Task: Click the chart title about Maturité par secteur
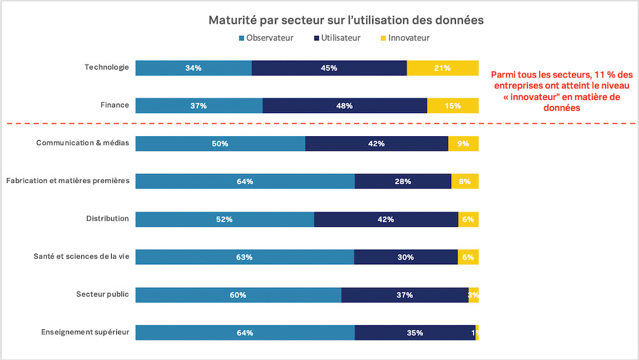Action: (x=346, y=20)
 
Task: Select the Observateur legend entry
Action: (x=266, y=38)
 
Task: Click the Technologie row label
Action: (x=107, y=67)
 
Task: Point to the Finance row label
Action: (x=116, y=105)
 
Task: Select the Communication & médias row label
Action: (x=82, y=143)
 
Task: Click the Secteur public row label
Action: (x=102, y=294)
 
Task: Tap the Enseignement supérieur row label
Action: (x=85, y=332)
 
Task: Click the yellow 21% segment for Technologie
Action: (x=442, y=68)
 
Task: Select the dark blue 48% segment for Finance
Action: (x=344, y=106)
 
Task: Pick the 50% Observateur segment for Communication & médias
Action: (x=220, y=143)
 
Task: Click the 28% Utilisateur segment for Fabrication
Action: (x=403, y=181)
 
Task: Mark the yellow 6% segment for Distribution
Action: (x=468, y=219)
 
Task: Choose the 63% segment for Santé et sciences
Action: (x=245, y=256)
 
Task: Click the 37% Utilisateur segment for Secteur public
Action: (x=404, y=295)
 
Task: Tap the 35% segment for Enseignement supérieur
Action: (x=415, y=333)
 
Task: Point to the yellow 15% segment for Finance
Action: (x=452, y=106)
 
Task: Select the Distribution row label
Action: (x=107, y=219)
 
